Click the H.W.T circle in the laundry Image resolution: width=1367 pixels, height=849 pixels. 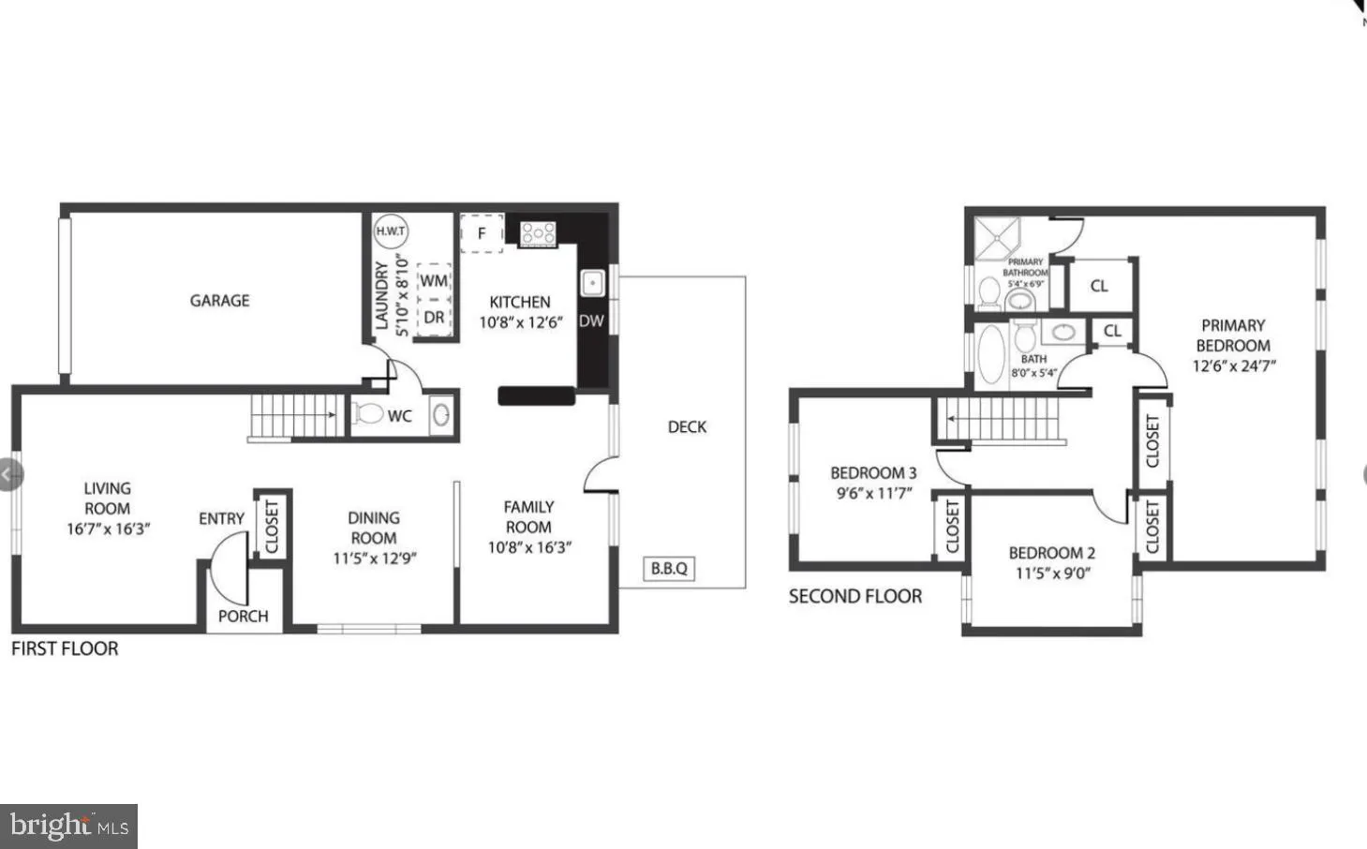(x=391, y=231)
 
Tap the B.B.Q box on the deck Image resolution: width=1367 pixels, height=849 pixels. (x=669, y=568)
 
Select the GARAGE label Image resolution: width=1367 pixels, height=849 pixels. (x=219, y=301)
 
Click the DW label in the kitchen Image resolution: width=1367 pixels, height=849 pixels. (x=591, y=320)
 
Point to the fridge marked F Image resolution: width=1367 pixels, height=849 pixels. (x=482, y=232)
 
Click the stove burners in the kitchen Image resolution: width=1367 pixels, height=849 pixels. (x=538, y=232)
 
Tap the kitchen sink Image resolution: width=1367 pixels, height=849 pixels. (x=592, y=282)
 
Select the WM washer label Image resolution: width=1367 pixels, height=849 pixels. (x=434, y=281)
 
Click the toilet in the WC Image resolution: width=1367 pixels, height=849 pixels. (x=368, y=414)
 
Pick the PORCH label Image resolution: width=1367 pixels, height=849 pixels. (x=243, y=616)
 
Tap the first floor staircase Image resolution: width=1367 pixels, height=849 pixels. (x=295, y=415)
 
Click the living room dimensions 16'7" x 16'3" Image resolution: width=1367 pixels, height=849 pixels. (x=108, y=529)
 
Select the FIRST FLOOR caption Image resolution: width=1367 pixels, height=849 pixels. (x=65, y=648)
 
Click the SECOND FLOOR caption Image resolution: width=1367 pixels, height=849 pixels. (x=854, y=596)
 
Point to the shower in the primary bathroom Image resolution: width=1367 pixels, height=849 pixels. (x=998, y=239)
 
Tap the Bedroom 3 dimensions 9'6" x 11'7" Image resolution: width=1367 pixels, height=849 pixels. (x=873, y=494)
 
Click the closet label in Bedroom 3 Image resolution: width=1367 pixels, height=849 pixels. (x=952, y=527)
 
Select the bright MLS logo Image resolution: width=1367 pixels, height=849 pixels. (x=68, y=826)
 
